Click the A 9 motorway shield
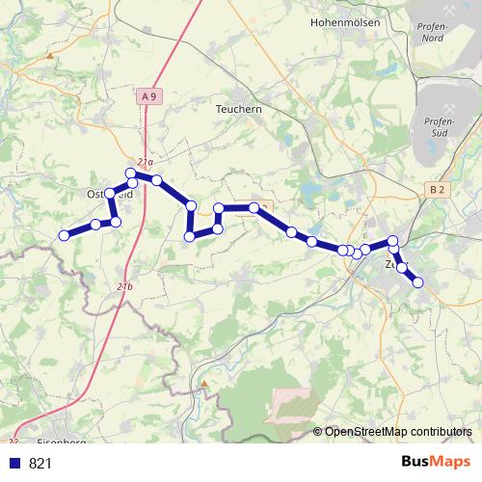(147, 96)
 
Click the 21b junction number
(124, 286)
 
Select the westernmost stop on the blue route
(65, 235)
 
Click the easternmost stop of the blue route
(418, 281)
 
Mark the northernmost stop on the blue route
(132, 174)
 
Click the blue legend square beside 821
(14, 464)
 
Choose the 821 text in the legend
(41, 464)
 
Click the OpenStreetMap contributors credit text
(398, 432)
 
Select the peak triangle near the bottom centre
(204, 383)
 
